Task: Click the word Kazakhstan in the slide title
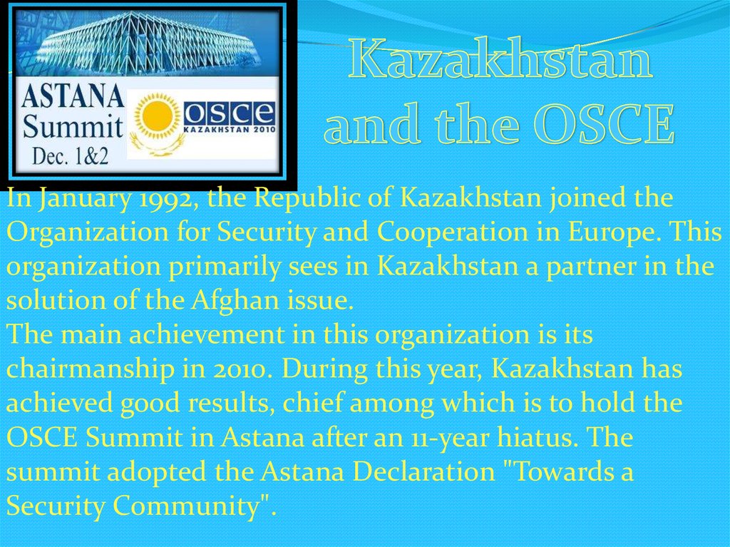coord(500,60)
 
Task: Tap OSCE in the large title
coord(605,123)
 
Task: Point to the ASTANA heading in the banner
coord(72,96)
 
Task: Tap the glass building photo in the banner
coord(148,42)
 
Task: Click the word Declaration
coord(423,471)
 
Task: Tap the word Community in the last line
coord(186,506)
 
